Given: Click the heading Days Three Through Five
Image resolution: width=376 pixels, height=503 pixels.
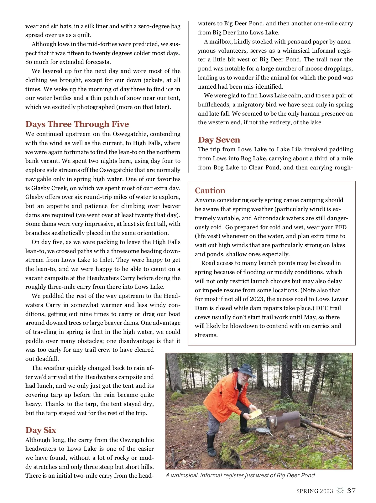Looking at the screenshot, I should click(77, 124).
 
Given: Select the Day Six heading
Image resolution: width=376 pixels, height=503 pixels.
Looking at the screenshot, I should click(41, 430).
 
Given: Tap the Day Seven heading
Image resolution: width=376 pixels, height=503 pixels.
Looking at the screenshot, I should click(219, 140).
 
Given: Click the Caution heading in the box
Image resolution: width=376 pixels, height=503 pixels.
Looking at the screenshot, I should click(210, 191).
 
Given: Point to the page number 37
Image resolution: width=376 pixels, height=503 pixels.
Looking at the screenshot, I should click(352, 491).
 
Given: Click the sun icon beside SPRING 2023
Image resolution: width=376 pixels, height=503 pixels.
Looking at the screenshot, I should click(340, 490).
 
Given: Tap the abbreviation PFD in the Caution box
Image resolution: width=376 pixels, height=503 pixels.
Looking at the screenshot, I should click(340, 227).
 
